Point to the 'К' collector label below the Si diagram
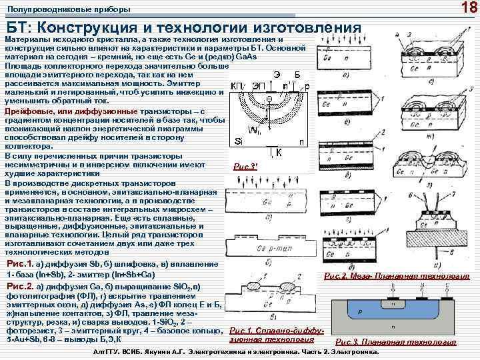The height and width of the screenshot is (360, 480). tap(279, 153)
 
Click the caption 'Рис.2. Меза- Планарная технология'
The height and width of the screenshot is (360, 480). tap(396, 276)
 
